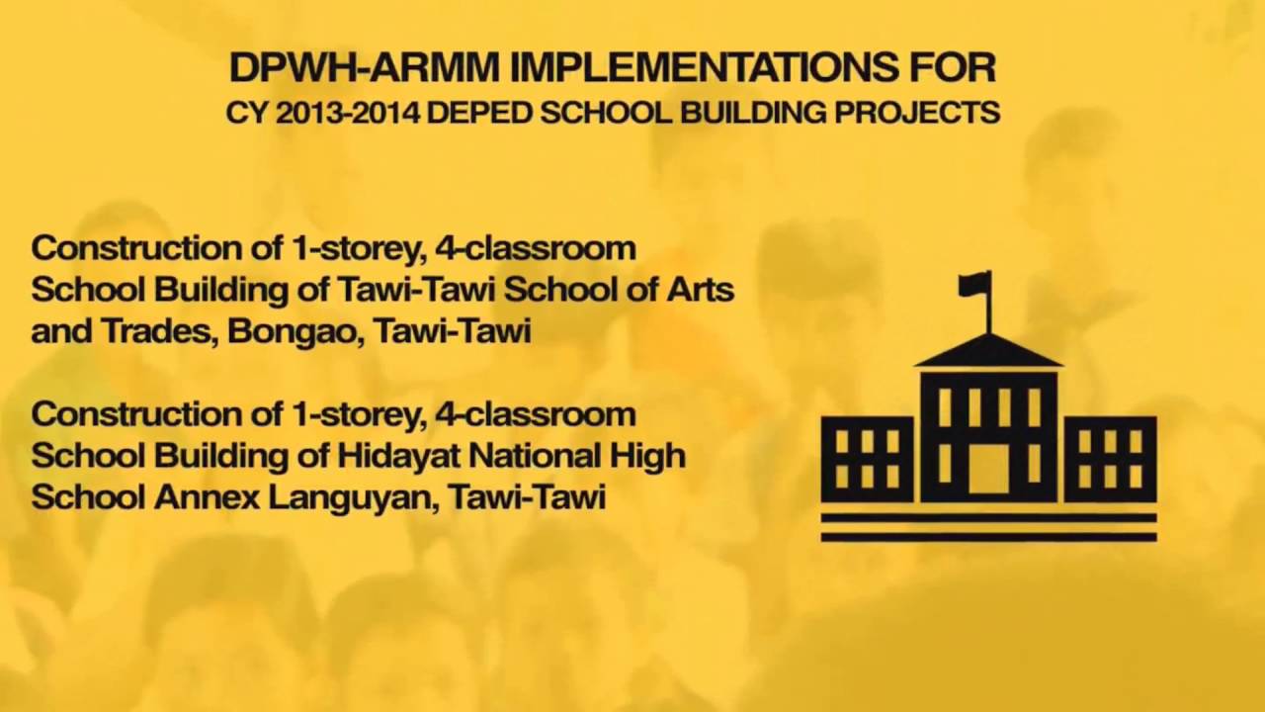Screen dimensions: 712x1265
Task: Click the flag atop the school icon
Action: (x=973, y=285)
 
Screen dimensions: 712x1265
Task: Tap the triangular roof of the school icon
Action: (x=988, y=352)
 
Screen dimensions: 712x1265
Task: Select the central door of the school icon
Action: (x=988, y=468)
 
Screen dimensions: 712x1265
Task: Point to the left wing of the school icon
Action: (x=868, y=457)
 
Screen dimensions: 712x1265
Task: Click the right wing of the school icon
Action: (x=1110, y=457)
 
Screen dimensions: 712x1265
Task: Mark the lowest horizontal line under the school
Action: (x=988, y=537)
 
